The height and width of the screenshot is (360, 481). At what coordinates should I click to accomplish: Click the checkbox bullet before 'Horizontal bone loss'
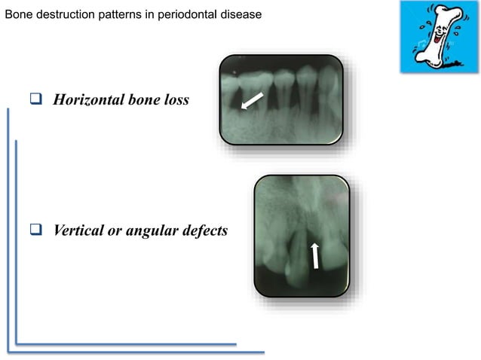35,100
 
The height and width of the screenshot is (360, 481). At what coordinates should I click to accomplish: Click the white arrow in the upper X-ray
252,100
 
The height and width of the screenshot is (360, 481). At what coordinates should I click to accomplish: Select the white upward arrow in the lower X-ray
315,256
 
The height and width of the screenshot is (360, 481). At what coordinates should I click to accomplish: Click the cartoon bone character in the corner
438,35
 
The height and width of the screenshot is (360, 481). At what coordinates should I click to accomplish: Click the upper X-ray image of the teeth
281,99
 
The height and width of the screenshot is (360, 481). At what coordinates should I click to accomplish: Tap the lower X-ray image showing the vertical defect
302,234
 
